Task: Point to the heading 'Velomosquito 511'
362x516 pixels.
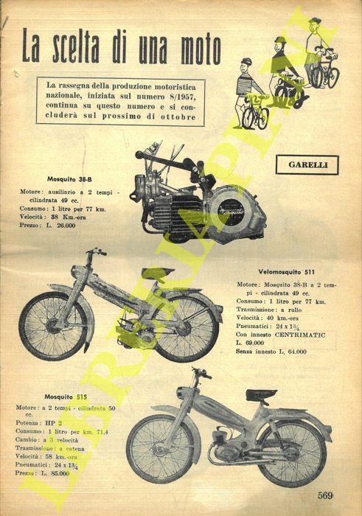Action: click(x=293, y=270)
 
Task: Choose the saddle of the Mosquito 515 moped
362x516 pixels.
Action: click(x=262, y=394)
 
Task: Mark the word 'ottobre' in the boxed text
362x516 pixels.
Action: click(x=175, y=119)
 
